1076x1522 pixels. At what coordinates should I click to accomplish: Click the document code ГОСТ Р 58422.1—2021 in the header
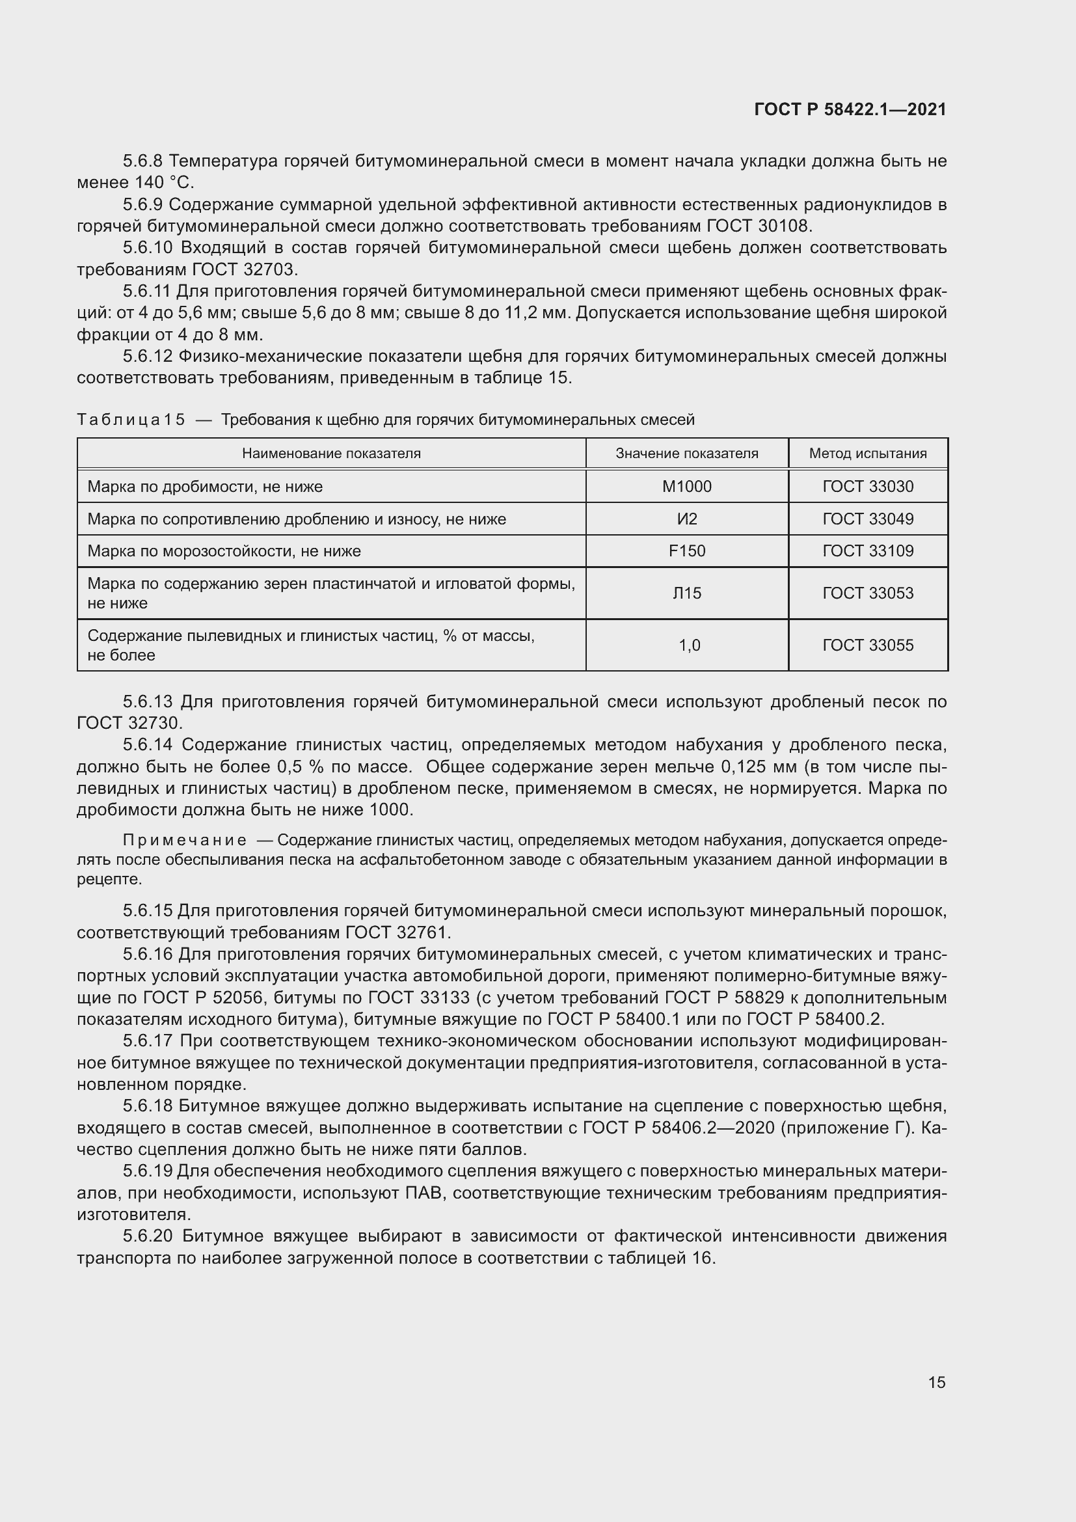[850, 109]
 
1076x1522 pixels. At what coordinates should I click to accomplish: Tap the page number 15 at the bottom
[937, 1382]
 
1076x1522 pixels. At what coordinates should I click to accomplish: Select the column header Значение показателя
[686, 454]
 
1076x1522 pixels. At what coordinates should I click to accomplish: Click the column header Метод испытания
[867, 454]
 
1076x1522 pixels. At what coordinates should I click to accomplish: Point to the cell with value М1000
[686, 487]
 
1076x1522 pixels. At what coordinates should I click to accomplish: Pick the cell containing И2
[686, 519]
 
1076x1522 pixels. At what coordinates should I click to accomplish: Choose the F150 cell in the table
[686, 551]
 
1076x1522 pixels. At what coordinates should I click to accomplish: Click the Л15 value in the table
[686, 593]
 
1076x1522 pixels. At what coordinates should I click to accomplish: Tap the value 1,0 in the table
[689, 645]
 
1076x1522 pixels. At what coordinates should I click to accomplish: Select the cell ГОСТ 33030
[867, 487]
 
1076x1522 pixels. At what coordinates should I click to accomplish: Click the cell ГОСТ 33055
[867, 645]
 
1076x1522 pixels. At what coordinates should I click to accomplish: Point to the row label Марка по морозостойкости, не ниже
[224, 551]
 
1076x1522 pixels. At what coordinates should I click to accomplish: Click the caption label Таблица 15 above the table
[131, 420]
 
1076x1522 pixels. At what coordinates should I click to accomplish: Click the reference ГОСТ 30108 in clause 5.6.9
[758, 226]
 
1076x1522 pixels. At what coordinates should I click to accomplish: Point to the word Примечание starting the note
[185, 841]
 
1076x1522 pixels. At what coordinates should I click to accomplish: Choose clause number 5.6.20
[148, 1236]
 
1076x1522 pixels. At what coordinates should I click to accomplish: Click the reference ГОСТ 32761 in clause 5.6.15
[396, 932]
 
